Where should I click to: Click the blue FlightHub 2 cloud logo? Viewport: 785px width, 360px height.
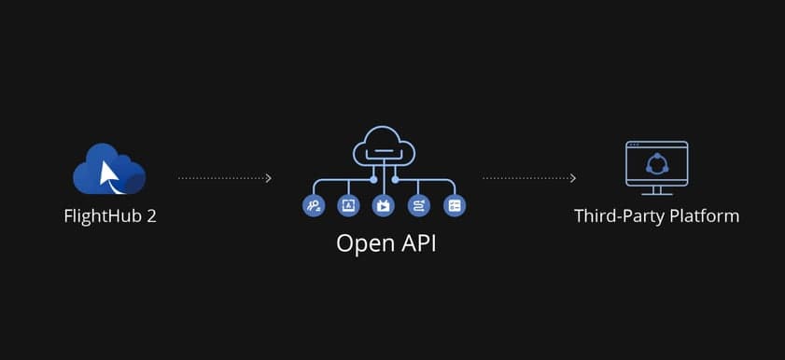click(x=109, y=170)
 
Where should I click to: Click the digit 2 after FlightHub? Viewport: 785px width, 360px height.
click(x=151, y=216)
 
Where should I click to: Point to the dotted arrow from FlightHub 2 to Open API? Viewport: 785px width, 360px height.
click(x=224, y=177)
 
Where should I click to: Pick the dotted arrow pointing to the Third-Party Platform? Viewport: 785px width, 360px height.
click(x=528, y=177)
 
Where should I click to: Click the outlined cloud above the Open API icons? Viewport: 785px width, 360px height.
click(x=384, y=145)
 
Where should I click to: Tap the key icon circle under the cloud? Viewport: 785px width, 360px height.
click(x=313, y=205)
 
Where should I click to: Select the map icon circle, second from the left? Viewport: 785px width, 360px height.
click(x=348, y=205)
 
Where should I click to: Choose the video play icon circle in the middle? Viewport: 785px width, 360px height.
click(x=384, y=205)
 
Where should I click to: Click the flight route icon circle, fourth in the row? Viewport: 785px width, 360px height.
click(x=419, y=205)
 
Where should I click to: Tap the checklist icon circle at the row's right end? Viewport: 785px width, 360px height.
click(x=455, y=205)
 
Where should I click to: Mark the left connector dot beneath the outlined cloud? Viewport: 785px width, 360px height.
click(x=373, y=178)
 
